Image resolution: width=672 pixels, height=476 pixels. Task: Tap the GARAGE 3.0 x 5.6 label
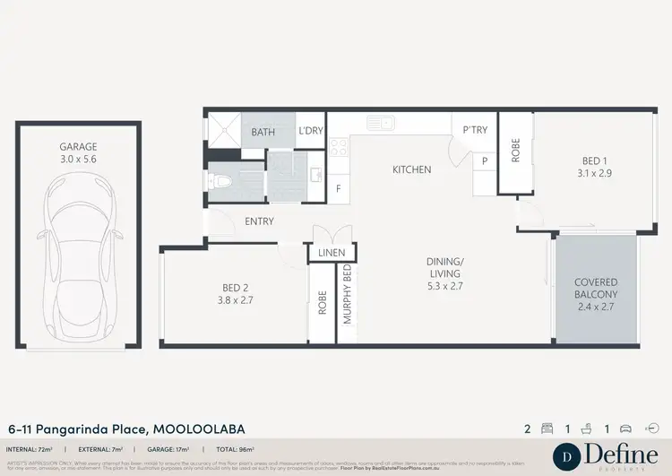79,152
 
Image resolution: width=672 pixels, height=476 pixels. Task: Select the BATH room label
263,132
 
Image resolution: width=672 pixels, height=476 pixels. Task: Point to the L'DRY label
310,132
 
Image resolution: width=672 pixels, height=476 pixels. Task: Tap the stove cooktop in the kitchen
339,147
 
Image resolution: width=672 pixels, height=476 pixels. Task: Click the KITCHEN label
411,169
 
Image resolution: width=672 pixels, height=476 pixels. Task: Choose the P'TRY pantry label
475,130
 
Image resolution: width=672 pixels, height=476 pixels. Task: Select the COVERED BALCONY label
596,293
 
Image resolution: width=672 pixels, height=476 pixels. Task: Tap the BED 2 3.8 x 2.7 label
235,294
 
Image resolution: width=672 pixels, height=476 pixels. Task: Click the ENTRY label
259,221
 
